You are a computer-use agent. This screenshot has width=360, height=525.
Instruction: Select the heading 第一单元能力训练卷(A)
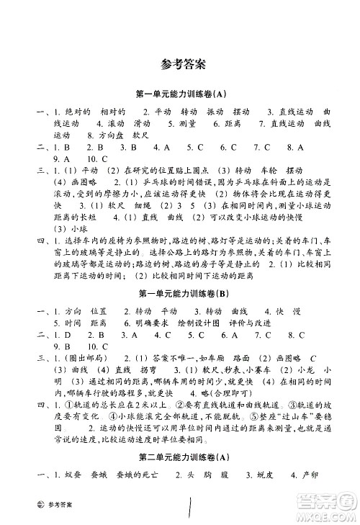pyautogui.click(x=180, y=94)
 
